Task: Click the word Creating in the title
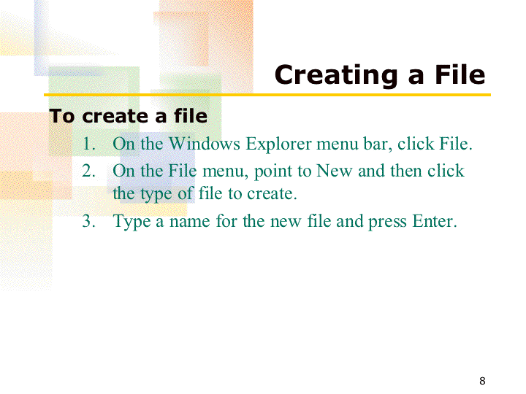[x=336, y=76]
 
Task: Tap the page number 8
[x=482, y=381]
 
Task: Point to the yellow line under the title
[x=267, y=95]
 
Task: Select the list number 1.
[x=88, y=144]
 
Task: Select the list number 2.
[x=88, y=171]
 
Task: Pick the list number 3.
[x=88, y=221]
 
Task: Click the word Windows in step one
[x=205, y=144]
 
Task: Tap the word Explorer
[x=279, y=145]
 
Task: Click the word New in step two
[x=335, y=171]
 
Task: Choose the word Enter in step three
[x=435, y=221]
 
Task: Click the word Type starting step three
[x=131, y=222]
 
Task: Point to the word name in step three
[x=189, y=223]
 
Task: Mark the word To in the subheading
[x=61, y=116]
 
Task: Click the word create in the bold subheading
[x=115, y=117]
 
